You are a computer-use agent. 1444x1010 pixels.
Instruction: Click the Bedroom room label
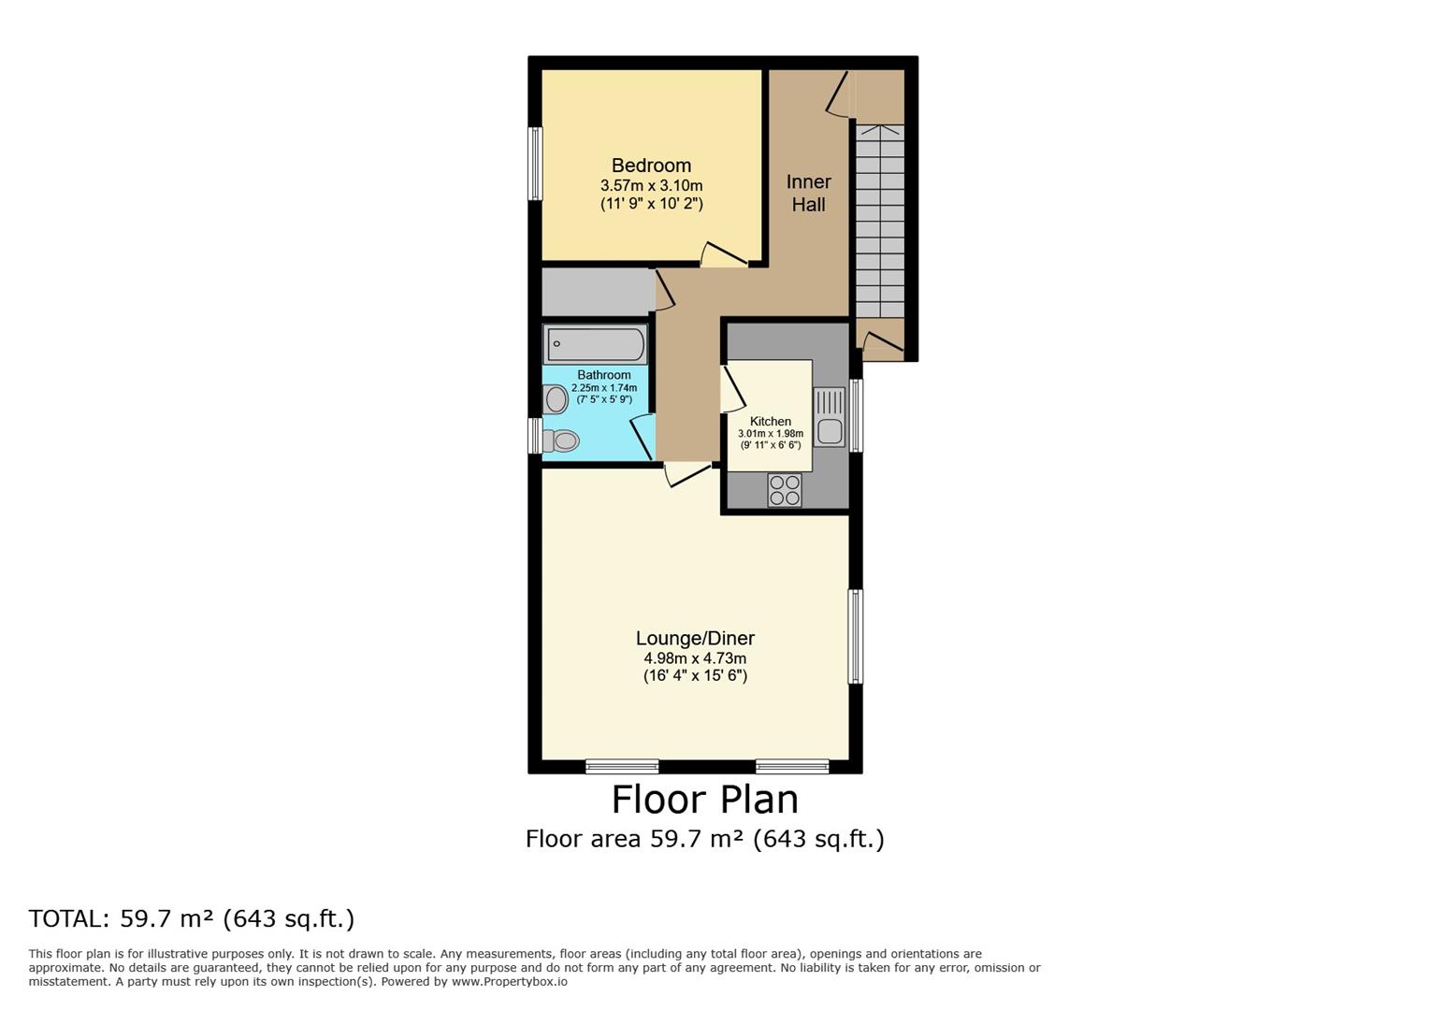[651, 166]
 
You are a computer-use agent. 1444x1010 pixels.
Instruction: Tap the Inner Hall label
[808, 193]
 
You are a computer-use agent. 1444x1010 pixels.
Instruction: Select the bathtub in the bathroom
[596, 344]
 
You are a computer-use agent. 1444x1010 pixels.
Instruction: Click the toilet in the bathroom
[560, 440]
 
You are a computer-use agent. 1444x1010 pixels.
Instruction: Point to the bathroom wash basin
[556, 400]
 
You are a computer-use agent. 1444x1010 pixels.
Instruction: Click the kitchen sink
[829, 417]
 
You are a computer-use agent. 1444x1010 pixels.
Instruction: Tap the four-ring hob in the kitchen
[785, 490]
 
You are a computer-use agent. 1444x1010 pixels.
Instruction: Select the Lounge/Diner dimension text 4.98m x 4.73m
[695, 658]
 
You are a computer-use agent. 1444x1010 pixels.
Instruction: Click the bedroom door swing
[724, 254]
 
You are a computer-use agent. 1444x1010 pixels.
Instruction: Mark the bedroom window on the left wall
[535, 164]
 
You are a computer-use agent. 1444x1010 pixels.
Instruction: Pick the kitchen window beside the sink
[856, 415]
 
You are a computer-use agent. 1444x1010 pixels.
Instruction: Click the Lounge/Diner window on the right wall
[855, 636]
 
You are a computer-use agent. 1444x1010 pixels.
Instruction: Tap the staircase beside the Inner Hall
[880, 221]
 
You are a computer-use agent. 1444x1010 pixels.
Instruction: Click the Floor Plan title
[705, 801]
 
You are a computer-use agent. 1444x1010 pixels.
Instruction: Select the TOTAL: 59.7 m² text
[192, 918]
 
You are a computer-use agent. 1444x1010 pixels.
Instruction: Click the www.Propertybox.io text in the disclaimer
[509, 982]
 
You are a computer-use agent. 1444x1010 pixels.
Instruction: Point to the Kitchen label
[771, 422]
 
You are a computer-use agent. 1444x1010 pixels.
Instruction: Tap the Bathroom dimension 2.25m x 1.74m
[604, 388]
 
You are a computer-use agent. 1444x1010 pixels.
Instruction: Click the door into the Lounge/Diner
[687, 475]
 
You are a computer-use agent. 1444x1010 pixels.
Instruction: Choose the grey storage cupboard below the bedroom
[597, 292]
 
